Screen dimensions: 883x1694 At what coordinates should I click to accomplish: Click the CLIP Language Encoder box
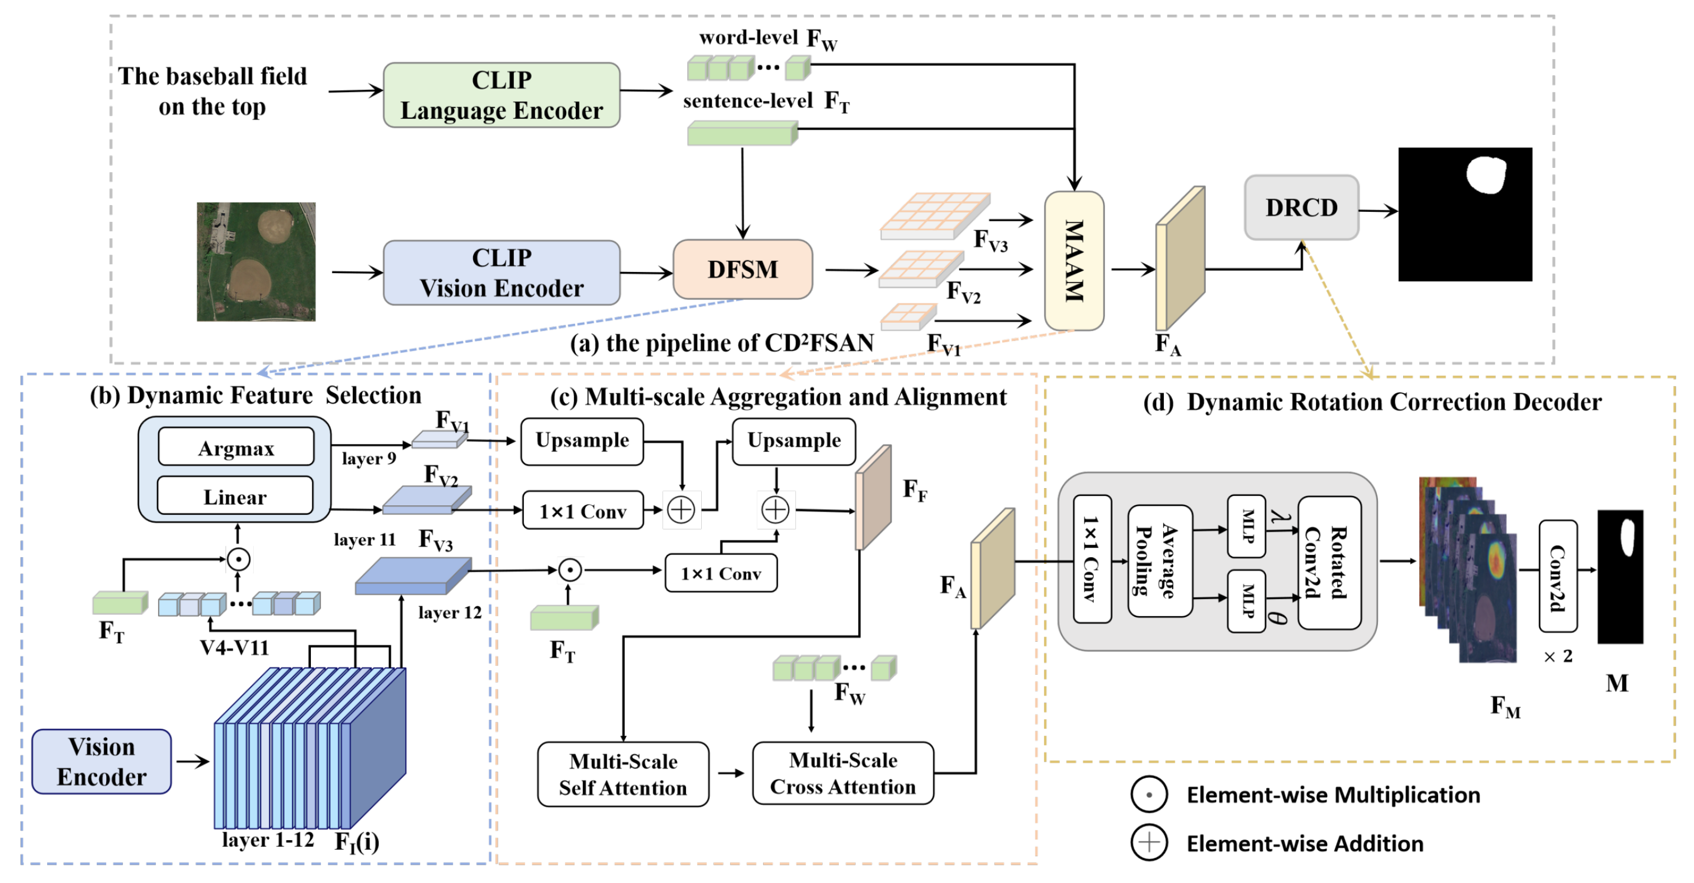[501, 95]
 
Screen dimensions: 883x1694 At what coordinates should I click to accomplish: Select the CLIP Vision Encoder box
[501, 273]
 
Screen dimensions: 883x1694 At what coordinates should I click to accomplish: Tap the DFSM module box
[743, 269]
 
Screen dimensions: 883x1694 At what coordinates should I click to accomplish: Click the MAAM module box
[1074, 261]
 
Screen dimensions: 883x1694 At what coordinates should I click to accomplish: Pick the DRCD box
[1301, 208]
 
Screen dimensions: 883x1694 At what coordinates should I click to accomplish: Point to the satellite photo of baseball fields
[256, 262]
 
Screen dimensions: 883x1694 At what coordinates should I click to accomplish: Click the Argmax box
[236, 447]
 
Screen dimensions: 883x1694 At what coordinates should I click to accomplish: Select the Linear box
[235, 496]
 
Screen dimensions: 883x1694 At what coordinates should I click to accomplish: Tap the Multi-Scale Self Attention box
[623, 774]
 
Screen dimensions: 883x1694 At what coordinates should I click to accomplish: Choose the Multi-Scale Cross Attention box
[843, 773]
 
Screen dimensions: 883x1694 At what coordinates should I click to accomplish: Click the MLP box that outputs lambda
[1246, 526]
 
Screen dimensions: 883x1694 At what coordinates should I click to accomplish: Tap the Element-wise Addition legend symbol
[1149, 843]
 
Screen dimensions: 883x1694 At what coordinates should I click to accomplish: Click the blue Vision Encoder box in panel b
[102, 761]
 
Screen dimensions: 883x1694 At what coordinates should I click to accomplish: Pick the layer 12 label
[450, 613]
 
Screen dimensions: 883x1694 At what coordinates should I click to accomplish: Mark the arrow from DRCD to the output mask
[1378, 211]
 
